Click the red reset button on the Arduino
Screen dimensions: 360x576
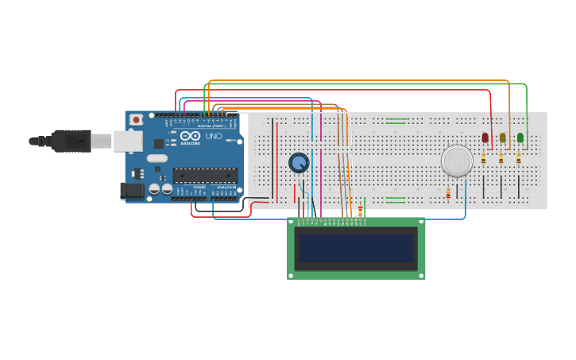(136, 119)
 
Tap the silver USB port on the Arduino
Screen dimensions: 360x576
(127, 141)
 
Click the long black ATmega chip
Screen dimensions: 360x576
(205, 176)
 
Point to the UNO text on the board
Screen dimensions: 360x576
(215, 136)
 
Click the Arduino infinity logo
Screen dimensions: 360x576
(189, 136)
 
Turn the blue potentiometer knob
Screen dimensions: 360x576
(299, 163)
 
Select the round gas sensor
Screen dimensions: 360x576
(457, 161)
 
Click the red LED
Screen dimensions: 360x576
(485, 137)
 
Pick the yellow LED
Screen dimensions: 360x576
(502, 137)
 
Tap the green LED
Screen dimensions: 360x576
(520, 137)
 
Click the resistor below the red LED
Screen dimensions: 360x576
(483, 158)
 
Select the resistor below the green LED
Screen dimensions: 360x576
(518, 158)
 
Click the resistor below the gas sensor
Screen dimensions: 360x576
(448, 193)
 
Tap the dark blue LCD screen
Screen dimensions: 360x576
(356, 249)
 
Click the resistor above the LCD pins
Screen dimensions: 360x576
(360, 211)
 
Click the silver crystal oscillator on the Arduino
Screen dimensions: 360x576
(157, 158)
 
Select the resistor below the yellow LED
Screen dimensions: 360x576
(501, 158)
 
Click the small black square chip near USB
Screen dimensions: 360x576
(158, 144)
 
